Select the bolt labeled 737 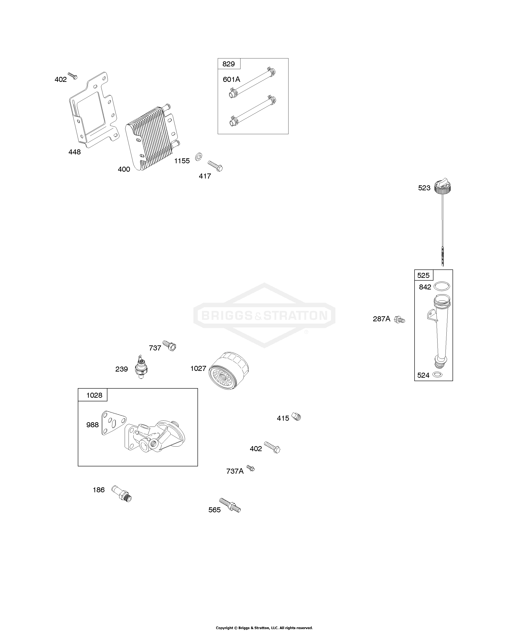pyautogui.click(x=169, y=346)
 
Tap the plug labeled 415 pyautogui.click(x=296, y=417)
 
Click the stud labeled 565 pyautogui.click(x=230, y=505)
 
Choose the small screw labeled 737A pyautogui.click(x=251, y=468)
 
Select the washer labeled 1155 pyautogui.click(x=198, y=156)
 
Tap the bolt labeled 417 pyautogui.click(x=215, y=166)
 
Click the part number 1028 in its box pyautogui.click(x=94, y=395)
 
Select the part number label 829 pyautogui.click(x=229, y=64)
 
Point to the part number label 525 pyautogui.click(x=423, y=275)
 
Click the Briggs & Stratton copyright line pyautogui.click(x=264, y=628)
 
